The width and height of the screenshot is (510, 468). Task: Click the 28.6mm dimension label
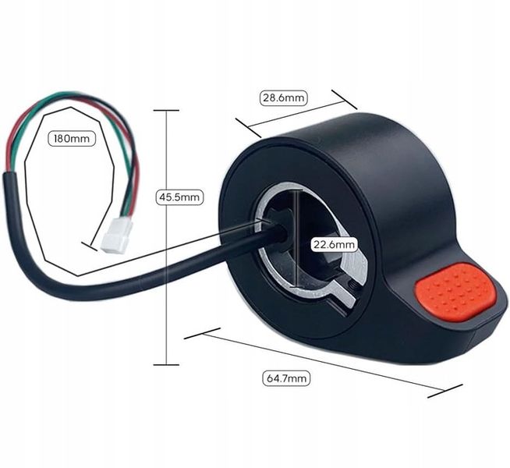pos(283,97)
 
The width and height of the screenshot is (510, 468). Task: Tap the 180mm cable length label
pos(72,139)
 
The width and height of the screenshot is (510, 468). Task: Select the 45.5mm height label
pos(179,197)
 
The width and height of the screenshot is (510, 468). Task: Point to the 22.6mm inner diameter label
pos(334,244)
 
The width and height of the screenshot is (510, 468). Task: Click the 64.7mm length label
pos(286,378)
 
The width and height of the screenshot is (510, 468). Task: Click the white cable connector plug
pos(117,235)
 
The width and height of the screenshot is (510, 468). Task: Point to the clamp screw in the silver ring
pos(352,285)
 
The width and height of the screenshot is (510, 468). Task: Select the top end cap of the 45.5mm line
pos(166,111)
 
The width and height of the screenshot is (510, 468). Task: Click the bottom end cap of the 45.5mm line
pos(166,364)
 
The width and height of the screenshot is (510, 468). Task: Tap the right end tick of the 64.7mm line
pos(445,391)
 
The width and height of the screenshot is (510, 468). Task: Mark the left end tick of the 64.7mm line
pos(202,333)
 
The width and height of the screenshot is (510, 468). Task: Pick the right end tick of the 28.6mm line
pos(345,100)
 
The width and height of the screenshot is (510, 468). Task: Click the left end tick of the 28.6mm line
pos(249,127)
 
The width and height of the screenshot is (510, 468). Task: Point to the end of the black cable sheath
pos(10,174)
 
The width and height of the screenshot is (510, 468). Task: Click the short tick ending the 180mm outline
pos(90,246)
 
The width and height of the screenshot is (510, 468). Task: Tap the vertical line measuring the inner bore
pos(296,239)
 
